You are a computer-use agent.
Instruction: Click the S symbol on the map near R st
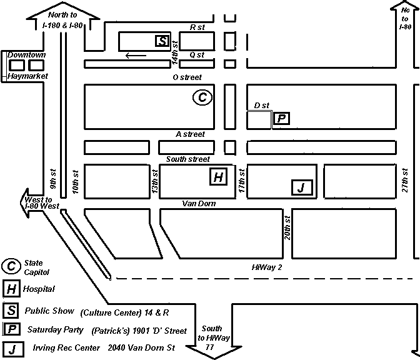(x=162, y=41)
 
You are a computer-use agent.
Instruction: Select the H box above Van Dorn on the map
(x=217, y=177)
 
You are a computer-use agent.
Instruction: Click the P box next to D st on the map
(x=282, y=118)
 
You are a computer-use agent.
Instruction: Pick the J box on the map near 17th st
(x=302, y=187)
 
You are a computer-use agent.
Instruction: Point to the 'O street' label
(x=187, y=77)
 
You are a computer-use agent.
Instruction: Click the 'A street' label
(x=190, y=134)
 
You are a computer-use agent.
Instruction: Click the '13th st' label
(x=154, y=182)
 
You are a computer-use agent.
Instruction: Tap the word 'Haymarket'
(x=27, y=76)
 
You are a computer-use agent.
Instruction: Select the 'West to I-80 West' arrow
(x=37, y=202)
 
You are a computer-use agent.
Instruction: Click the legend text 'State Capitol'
(x=36, y=267)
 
